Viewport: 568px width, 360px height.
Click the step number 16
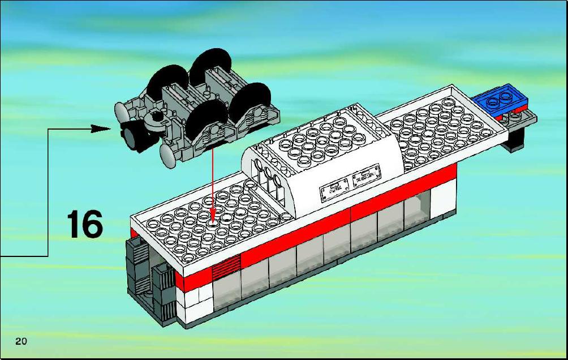pyautogui.click(x=85, y=224)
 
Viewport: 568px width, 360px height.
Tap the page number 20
pyautogui.click(x=21, y=341)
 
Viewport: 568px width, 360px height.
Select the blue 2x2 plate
pyautogui.click(x=501, y=97)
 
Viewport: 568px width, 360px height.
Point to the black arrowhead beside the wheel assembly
pyautogui.click(x=100, y=128)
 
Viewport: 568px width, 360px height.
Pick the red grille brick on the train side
pyautogui.click(x=226, y=267)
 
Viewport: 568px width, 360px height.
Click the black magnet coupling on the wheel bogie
pyautogui.click(x=135, y=136)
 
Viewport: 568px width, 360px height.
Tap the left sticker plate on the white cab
pyautogui.click(x=334, y=189)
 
